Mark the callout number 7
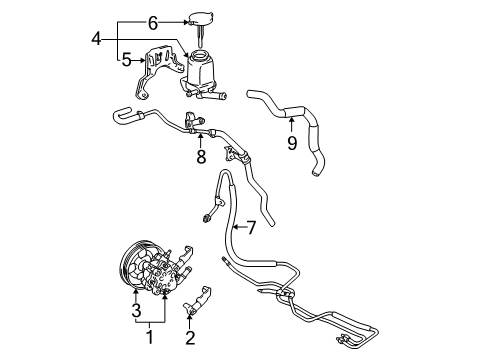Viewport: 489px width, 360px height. point(251,228)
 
